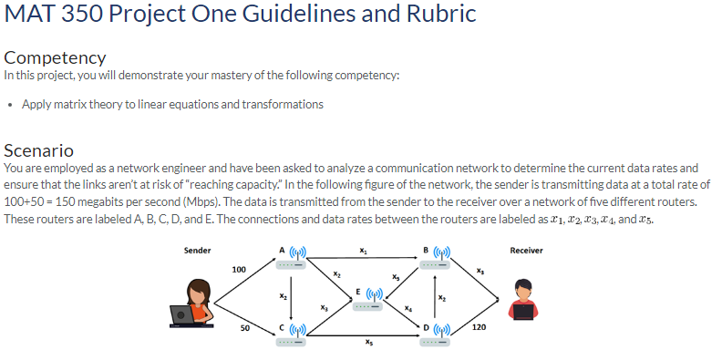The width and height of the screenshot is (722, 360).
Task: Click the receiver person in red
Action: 522,300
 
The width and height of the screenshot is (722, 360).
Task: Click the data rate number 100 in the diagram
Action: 238,270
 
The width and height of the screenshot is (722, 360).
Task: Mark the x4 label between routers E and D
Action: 409,307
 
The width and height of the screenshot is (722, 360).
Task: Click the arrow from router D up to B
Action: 432,298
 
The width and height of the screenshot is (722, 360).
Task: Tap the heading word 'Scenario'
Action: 38,150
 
